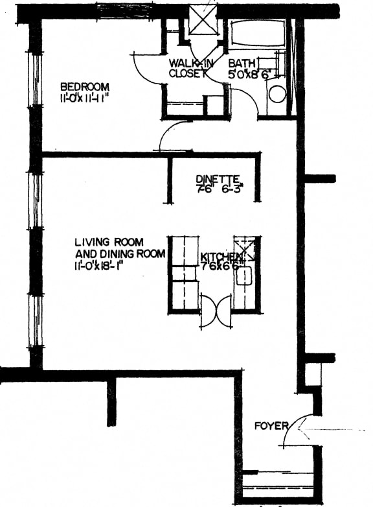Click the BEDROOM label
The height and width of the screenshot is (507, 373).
(x=85, y=87)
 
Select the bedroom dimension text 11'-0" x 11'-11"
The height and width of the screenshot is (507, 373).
(x=85, y=99)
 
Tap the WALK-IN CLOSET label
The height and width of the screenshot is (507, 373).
(x=187, y=68)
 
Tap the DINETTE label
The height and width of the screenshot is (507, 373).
(x=218, y=179)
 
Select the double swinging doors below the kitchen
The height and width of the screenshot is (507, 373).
(x=214, y=311)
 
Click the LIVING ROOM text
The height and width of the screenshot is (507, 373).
(x=109, y=242)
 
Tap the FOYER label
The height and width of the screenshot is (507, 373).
(x=271, y=426)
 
